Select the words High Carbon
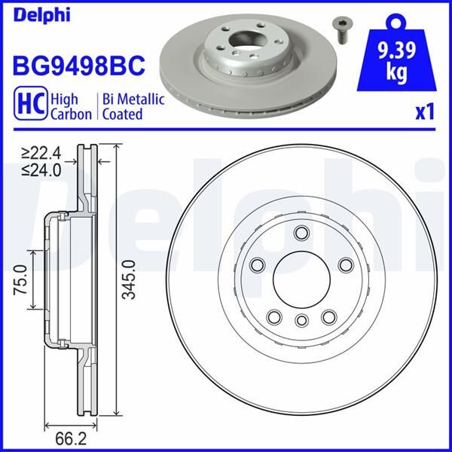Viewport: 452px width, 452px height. [x=71, y=106]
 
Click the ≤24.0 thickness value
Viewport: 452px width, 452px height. [x=41, y=170]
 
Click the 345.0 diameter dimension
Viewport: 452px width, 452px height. [x=127, y=279]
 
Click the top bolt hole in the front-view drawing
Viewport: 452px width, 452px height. [x=301, y=233]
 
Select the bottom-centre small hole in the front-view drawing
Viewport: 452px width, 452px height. [x=301, y=322]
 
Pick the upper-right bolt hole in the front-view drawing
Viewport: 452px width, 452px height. [x=345, y=264]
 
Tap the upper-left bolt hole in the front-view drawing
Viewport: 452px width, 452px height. [x=257, y=264]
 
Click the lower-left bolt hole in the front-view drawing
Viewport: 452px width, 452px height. [x=273, y=317]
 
